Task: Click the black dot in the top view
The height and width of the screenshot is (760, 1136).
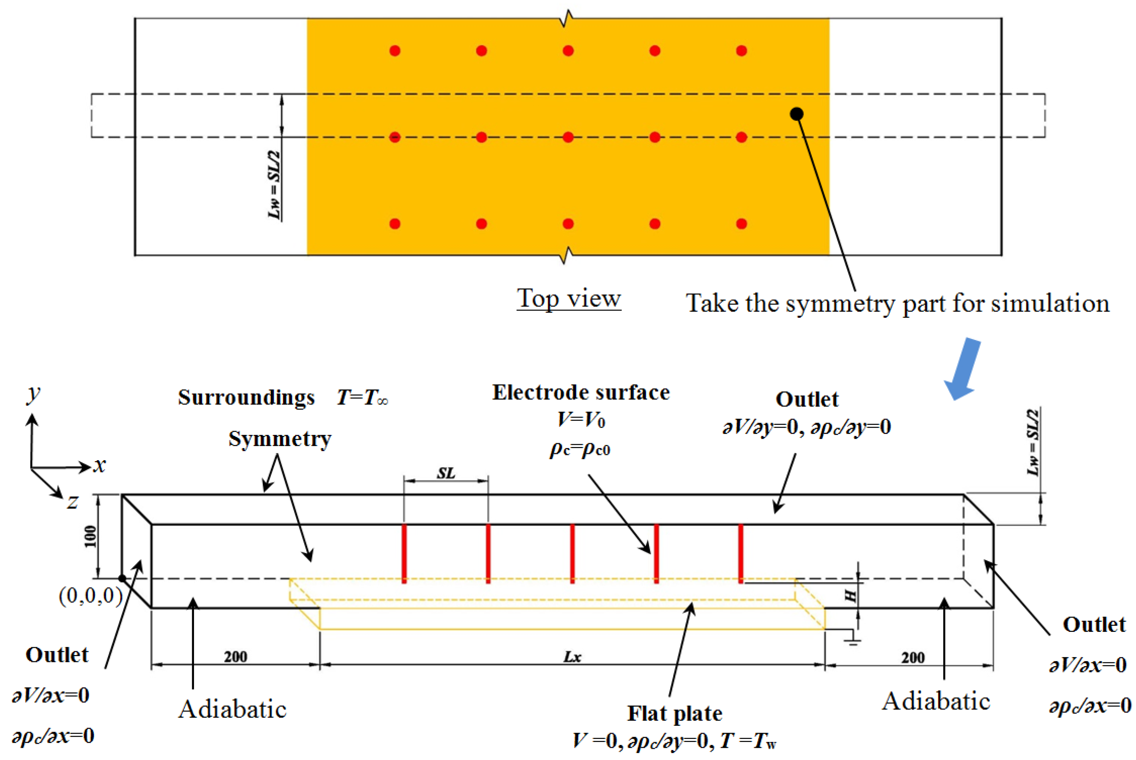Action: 797,114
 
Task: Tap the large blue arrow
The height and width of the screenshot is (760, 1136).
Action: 964,368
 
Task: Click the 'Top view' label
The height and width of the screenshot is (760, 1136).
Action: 569,298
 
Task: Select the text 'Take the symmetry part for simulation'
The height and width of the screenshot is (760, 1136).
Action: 897,303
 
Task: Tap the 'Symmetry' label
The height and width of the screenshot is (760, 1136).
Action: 280,439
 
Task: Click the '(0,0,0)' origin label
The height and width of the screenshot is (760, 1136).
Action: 91,595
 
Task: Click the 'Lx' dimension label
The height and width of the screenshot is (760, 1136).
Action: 572,657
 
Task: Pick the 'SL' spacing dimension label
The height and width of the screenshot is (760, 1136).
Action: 446,473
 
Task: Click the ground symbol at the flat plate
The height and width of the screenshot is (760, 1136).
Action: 852,641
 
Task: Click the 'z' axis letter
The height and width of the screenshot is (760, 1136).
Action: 72,502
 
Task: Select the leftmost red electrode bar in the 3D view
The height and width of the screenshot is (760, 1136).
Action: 404,554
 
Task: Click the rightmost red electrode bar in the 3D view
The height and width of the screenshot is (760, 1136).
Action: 740,554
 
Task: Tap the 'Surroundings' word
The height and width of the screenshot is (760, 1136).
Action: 246,397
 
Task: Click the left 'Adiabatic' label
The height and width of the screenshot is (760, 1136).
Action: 232,709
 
